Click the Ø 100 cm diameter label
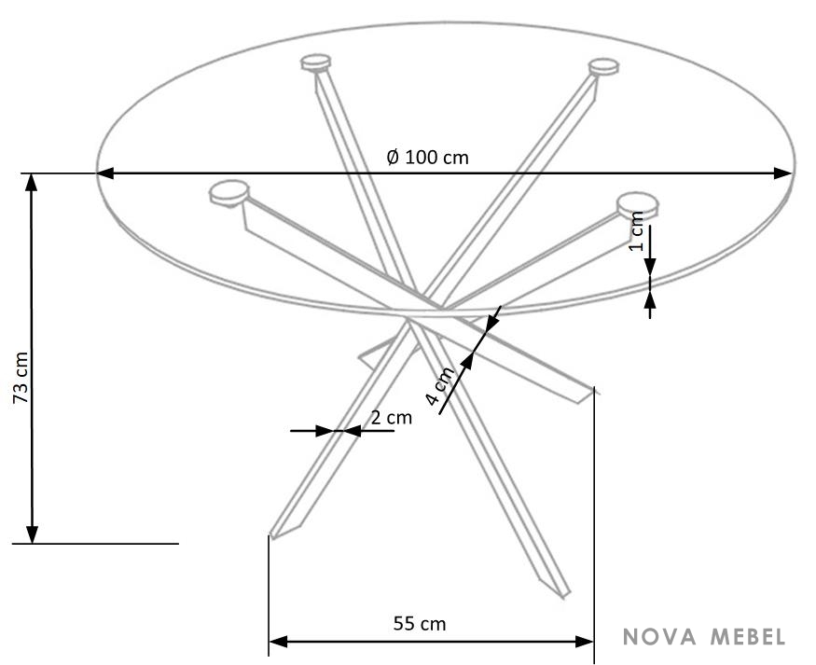[427, 157]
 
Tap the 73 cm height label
[21, 378]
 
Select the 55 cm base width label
[420, 623]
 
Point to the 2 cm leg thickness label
[392, 417]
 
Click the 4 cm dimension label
[440, 385]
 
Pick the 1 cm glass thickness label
[636, 231]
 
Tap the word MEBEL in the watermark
[748, 636]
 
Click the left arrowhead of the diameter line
[105, 173]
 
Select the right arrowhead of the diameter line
[783, 173]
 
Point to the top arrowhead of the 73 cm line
[32, 183]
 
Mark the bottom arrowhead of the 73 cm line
[32, 534]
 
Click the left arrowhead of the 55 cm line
[279, 642]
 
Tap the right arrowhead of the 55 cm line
[584, 642]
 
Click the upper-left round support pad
[315, 62]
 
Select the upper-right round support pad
[603, 67]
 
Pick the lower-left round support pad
[229, 193]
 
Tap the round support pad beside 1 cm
[638, 205]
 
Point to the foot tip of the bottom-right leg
[565, 596]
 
